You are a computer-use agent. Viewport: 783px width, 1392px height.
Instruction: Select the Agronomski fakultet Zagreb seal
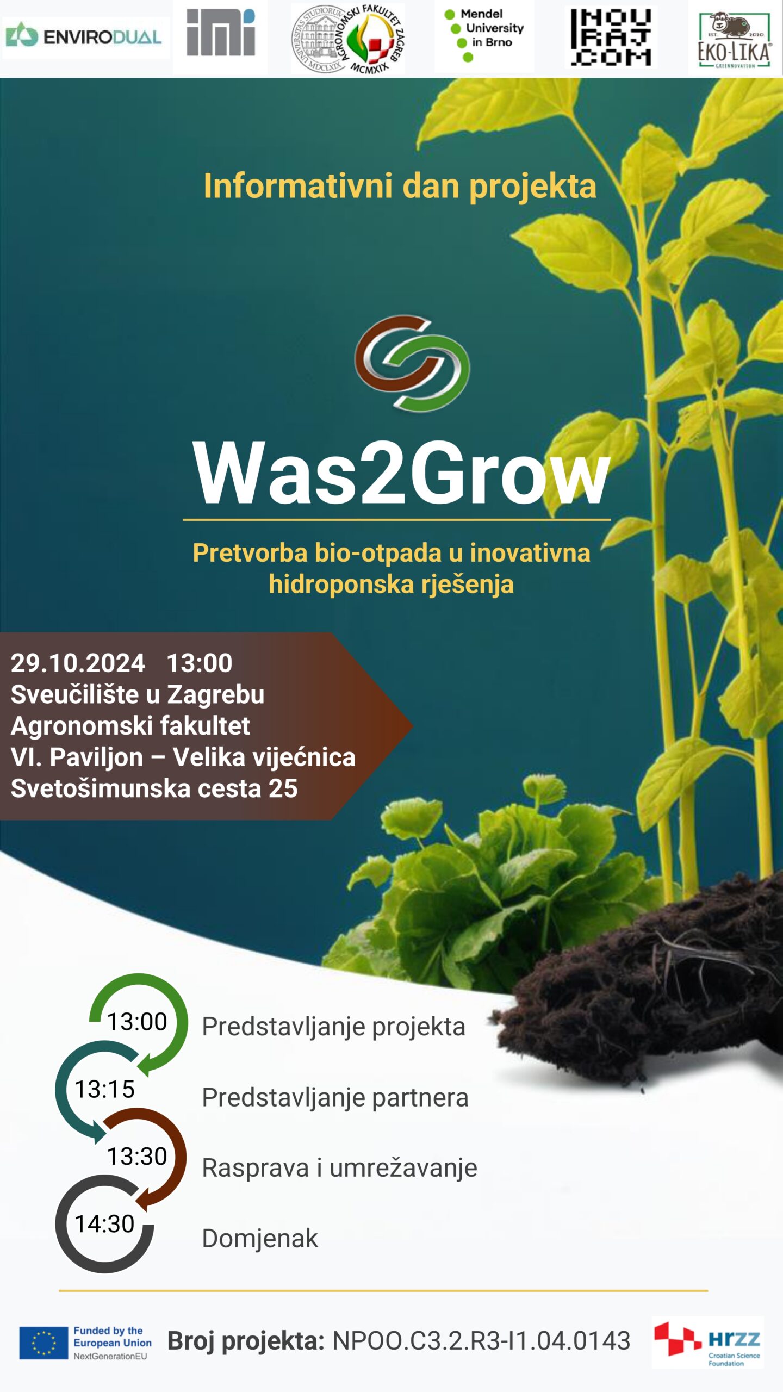click(348, 39)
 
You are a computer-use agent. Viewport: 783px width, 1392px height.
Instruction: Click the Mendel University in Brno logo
click(484, 36)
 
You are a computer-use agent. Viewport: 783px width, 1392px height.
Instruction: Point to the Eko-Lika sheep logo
click(734, 39)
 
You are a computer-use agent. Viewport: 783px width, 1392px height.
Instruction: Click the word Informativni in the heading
click(298, 186)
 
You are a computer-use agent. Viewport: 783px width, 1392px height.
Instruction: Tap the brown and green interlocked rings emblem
click(412, 363)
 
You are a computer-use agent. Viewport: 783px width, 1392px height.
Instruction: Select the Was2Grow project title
click(401, 473)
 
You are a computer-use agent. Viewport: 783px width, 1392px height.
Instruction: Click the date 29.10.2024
click(78, 663)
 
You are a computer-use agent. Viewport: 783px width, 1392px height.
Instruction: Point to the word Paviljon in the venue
click(96, 757)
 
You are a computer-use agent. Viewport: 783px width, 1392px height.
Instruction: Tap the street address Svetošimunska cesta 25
click(154, 788)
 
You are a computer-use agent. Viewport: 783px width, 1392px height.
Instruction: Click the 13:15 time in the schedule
click(104, 1089)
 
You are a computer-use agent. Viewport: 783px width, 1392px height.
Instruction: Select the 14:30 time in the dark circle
click(104, 1224)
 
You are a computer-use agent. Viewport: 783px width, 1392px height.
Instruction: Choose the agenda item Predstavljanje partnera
click(335, 1097)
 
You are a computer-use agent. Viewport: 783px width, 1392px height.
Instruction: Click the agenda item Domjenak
click(260, 1239)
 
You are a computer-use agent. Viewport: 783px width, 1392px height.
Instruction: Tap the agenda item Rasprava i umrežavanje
click(339, 1168)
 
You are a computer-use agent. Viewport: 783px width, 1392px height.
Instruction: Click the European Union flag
click(43, 1343)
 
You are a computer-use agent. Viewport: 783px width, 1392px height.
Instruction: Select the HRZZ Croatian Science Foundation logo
click(708, 1343)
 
